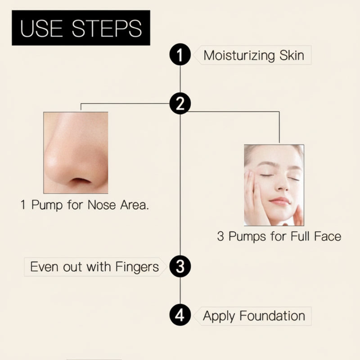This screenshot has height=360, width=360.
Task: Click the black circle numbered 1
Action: pos(180,56)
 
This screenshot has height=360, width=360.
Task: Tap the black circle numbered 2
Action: pos(180,104)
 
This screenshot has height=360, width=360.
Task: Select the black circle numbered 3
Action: pos(180,267)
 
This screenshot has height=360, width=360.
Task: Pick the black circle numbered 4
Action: pos(180,315)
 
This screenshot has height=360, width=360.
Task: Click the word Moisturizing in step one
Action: pos(239,56)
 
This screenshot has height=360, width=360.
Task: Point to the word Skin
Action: pos(291,56)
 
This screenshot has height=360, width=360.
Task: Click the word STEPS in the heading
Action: pos(107,29)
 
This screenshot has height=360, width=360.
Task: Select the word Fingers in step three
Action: pos(137,267)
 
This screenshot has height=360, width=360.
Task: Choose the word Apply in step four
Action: pos(219,316)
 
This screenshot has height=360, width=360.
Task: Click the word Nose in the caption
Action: pos(102,206)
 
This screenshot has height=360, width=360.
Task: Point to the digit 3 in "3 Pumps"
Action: pos(220,236)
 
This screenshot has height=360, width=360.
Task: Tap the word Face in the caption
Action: pos(325,236)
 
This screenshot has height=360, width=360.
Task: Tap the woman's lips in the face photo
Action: pos(279,201)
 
